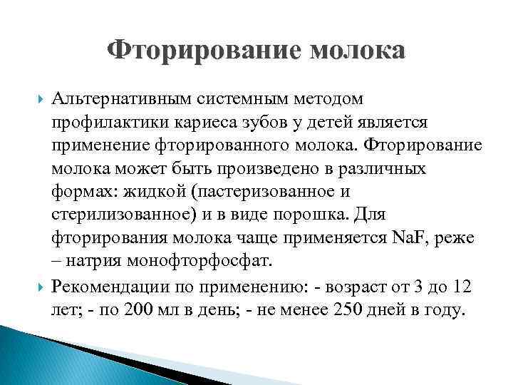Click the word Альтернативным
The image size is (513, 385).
[x=135, y=97]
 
